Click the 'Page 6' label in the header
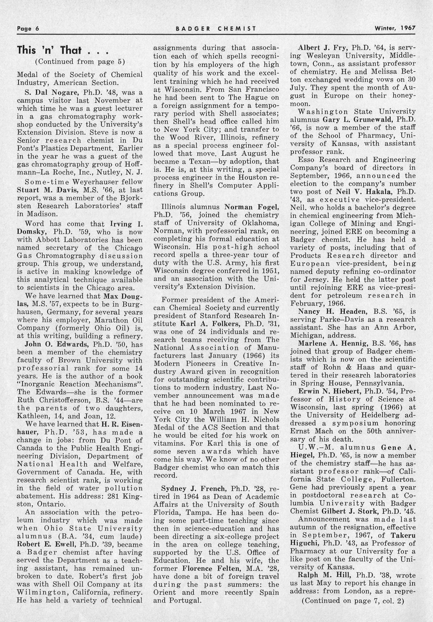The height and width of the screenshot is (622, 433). coord(28,28)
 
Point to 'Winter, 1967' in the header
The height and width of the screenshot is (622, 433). coord(395,28)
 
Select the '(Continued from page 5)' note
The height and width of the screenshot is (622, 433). coord(80,62)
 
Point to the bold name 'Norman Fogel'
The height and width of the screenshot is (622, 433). coord(252,207)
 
